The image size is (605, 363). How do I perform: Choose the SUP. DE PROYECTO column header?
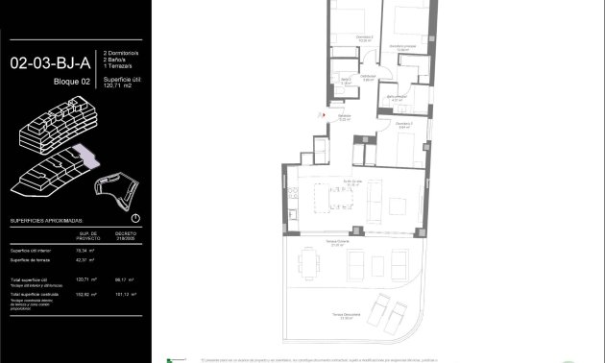click(91, 235)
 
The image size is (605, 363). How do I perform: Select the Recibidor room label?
click(343, 118)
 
